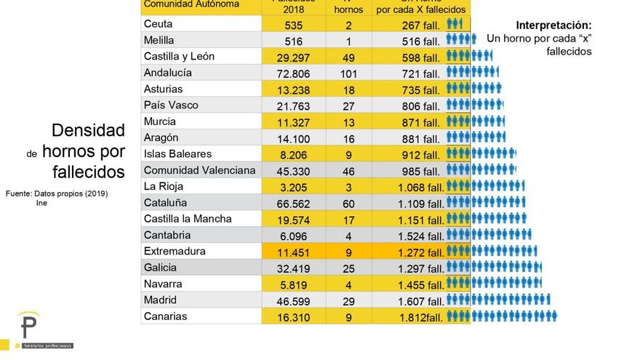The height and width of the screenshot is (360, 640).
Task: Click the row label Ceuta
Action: pyautogui.click(x=158, y=24)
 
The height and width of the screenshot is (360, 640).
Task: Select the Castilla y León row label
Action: pyautogui.click(x=179, y=57)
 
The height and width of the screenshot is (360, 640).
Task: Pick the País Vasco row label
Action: pyautogui.click(x=171, y=105)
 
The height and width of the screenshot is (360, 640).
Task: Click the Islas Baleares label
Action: pyautogui.click(x=177, y=154)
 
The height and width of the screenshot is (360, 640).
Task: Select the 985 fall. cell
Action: pyautogui.click(x=420, y=171)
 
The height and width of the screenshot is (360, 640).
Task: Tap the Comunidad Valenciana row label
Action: pyautogui.click(x=199, y=170)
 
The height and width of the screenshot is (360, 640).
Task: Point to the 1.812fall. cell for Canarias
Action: pyautogui.click(x=420, y=316)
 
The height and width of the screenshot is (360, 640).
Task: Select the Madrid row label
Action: pyautogui.click(x=160, y=300)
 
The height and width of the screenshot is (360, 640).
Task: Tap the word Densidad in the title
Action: pyautogui.click(x=88, y=131)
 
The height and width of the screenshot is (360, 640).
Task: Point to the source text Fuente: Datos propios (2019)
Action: pyautogui.click(x=57, y=194)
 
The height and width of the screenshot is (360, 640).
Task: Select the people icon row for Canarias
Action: pyautogui.click(x=502, y=316)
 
